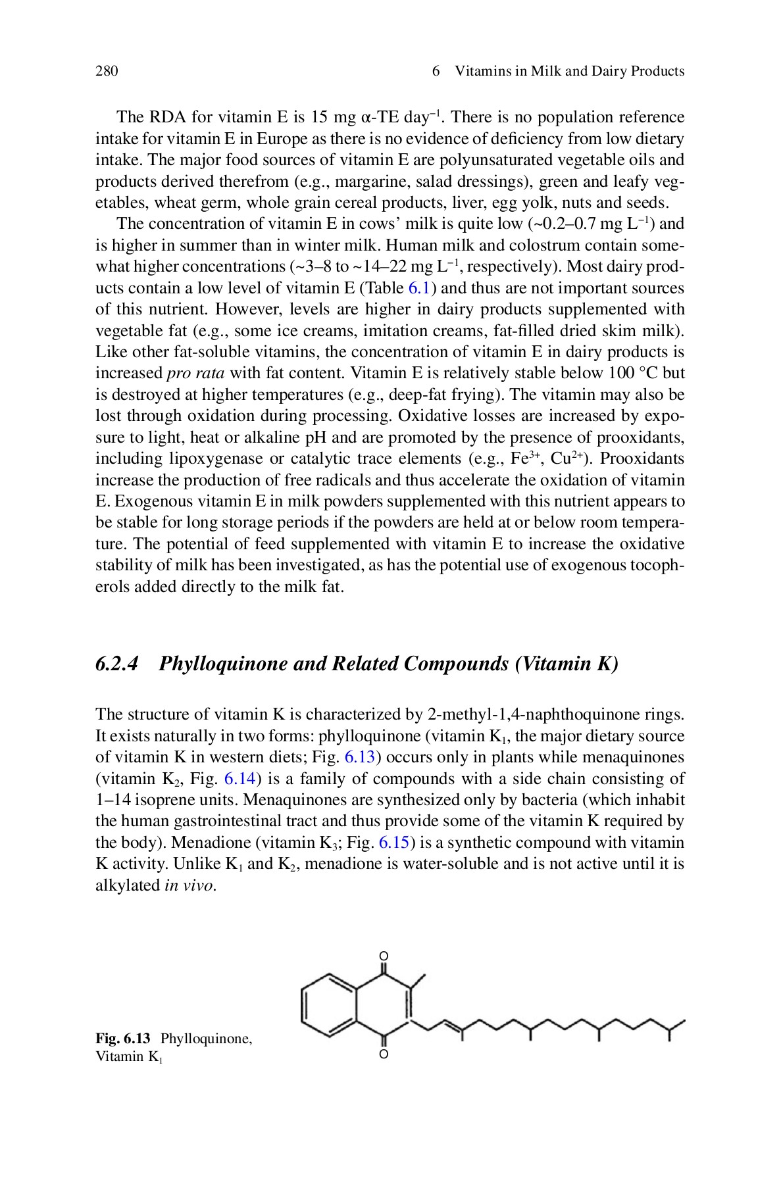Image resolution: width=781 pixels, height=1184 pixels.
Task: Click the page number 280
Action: pos(107,71)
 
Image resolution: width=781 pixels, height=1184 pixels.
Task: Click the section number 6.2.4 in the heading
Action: pos(117,663)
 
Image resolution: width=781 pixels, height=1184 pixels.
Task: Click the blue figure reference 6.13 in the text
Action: pos(360,757)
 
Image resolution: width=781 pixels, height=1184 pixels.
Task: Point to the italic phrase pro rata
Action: pos(195,374)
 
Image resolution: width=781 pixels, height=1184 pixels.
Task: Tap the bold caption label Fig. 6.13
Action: pos(123,1039)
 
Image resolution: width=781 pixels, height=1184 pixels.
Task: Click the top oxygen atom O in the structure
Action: pos(384,956)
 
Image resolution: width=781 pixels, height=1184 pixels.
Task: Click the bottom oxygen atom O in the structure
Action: pos(384,1055)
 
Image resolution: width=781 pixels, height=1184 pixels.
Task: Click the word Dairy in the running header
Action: pos(607,71)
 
